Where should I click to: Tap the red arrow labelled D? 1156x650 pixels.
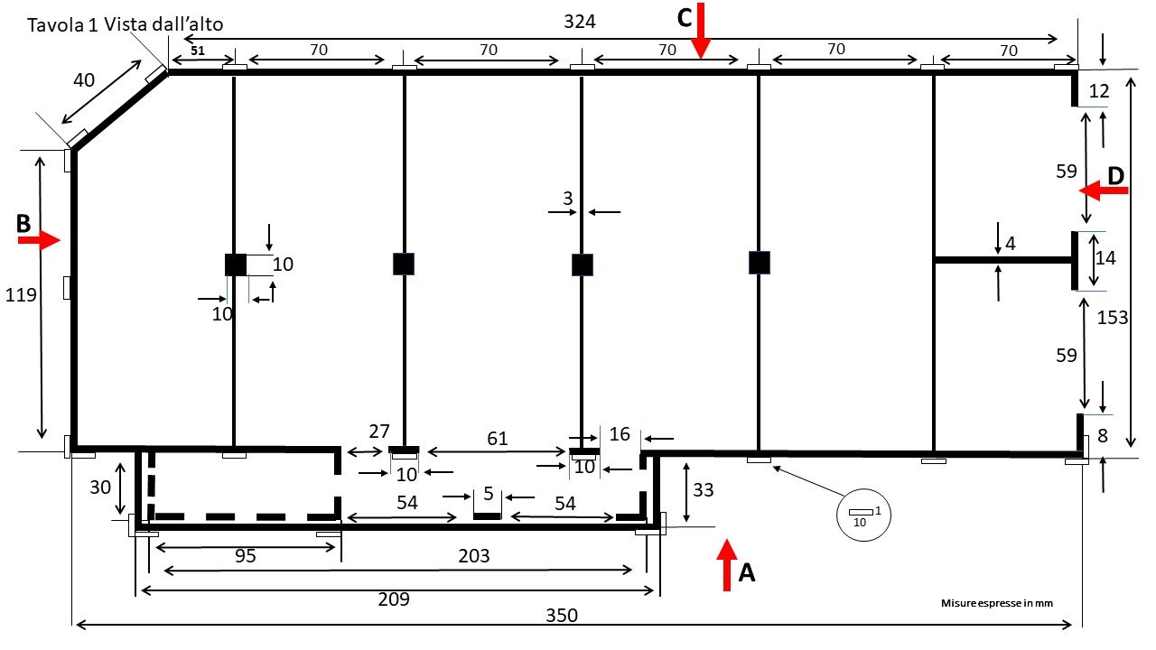(x=1101, y=190)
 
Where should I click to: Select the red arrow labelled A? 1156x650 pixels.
(x=727, y=564)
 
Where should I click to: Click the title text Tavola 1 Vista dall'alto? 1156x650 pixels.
(x=126, y=24)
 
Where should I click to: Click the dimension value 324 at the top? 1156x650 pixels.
(x=579, y=22)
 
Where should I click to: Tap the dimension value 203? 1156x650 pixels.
(x=473, y=556)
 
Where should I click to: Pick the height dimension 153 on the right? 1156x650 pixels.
(x=1113, y=317)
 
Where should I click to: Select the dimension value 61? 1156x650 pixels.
(x=496, y=439)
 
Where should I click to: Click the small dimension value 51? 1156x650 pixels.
(x=199, y=51)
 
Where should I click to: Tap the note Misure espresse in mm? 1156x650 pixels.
(x=997, y=602)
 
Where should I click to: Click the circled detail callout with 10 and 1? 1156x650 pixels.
(x=861, y=516)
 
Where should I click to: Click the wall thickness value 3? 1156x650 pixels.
(x=568, y=199)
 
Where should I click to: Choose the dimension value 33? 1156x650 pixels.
(x=704, y=489)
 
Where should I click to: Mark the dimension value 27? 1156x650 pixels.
(x=379, y=431)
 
